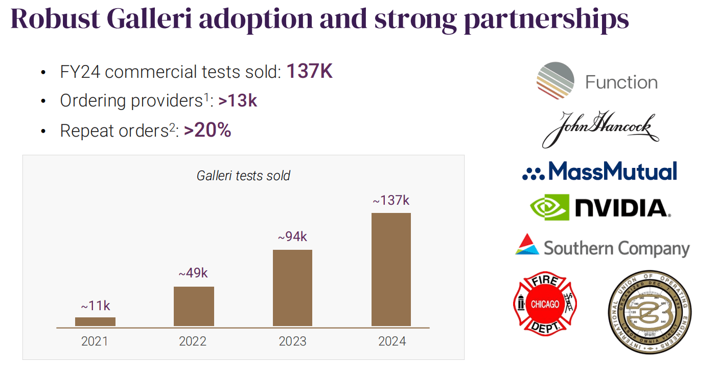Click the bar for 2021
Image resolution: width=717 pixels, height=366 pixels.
[x=95, y=321]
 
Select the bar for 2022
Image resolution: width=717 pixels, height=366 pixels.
[x=194, y=306]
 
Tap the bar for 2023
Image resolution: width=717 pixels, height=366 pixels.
[x=292, y=288]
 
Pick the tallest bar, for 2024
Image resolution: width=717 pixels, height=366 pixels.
[x=391, y=269]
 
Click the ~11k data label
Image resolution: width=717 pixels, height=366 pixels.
[x=95, y=306]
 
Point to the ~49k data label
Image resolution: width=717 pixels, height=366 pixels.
[x=193, y=273]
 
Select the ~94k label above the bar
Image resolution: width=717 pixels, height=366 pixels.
[x=292, y=237]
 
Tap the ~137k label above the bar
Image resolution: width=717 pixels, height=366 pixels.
[x=391, y=200]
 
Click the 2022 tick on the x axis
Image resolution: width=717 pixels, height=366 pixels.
[x=193, y=341]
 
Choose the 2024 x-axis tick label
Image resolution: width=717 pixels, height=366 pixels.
[x=392, y=341]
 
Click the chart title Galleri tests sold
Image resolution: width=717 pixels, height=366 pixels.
[x=243, y=176]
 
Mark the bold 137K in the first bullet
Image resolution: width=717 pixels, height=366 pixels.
[x=309, y=72]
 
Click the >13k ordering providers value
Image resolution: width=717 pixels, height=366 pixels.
[x=237, y=101]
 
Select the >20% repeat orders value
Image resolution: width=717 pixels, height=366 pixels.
[x=207, y=131]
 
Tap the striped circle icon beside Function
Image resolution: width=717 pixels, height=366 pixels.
[x=556, y=81]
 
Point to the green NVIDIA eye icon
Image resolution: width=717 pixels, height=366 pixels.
[x=549, y=207]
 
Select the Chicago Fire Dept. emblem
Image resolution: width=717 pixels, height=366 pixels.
[x=545, y=304]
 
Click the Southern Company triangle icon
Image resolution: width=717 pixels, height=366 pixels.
[x=527, y=244]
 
